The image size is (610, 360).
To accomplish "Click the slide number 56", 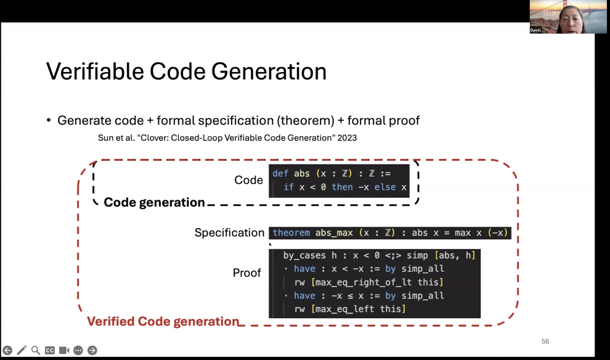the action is tap(545, 342).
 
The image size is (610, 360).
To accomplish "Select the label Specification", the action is tap(229, 233).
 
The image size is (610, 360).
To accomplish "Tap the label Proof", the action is tap(246, 273).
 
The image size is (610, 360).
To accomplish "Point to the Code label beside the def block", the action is tap(248, 180).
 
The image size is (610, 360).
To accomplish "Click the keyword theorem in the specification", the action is tap(291, 233).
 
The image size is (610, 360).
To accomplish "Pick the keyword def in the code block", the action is tap(280, 174).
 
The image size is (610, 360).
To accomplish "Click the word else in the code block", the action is tap(385, 187).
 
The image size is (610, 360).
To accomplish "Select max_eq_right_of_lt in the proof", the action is tap(364, 282).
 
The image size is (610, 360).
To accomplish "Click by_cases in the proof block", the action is tap(304, 256).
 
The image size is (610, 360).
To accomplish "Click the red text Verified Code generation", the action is tap(163, 321).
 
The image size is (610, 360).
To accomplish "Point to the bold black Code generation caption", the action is tap(154, 202).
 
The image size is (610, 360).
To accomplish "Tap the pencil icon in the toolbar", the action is tap(22, 350).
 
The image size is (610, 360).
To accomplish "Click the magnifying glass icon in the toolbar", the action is tap(35, 350).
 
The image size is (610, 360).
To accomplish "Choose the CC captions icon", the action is tap(50, 350).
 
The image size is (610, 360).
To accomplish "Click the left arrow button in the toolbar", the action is tap(7, 350).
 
